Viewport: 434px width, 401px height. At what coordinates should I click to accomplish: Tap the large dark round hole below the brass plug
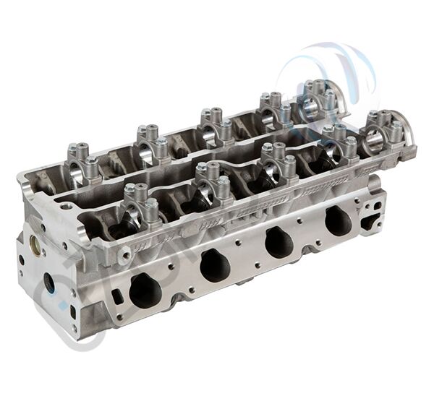(49, 282)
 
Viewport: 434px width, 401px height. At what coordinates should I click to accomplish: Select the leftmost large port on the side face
(145, 290)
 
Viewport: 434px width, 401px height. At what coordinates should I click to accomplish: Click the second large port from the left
(215, 265)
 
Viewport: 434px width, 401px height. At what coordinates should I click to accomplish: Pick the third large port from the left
(278, 241)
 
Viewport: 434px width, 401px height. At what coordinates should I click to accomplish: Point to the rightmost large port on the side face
(338, 220)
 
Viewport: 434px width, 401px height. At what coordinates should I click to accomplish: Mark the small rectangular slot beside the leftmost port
(117, 296)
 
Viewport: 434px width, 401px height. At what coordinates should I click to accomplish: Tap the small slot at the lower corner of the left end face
(72, 312)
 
